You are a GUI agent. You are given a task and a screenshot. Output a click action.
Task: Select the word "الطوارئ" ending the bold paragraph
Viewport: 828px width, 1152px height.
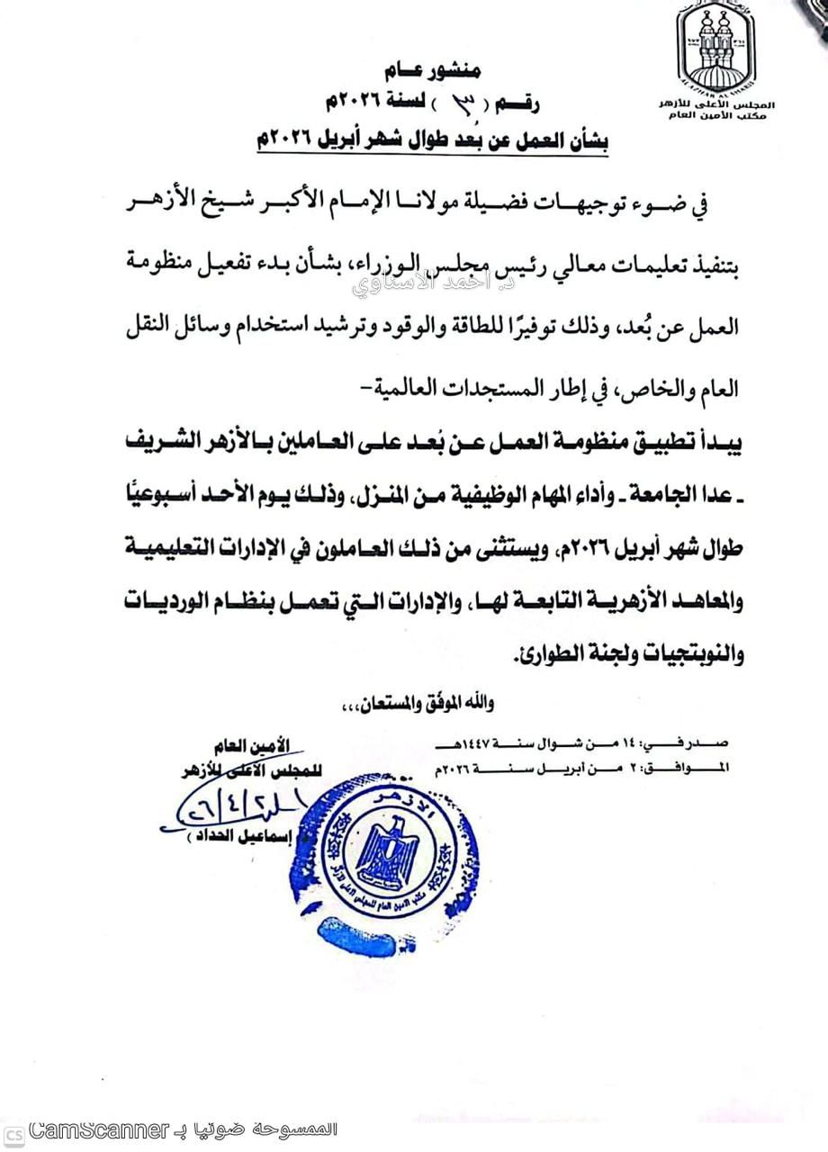pos(545,655)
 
